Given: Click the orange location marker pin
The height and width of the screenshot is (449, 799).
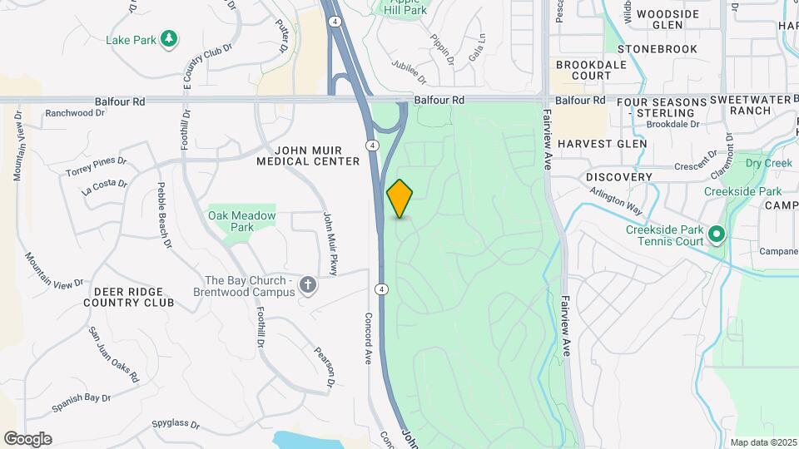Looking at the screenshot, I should (x=400, y=198).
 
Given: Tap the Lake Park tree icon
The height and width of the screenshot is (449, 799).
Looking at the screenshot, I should (x=169, y=39).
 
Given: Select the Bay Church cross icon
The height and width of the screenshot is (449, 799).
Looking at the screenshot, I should (x=308, y=286).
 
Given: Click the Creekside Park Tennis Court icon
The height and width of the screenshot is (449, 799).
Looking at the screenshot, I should (x=717, y=236).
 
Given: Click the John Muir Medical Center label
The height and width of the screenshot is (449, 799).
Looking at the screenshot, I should (x=308, y=155).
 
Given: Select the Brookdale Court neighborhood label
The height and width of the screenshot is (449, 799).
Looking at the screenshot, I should (x=583, y=70).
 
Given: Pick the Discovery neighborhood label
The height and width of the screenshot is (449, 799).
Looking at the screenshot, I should (x=618, y=177).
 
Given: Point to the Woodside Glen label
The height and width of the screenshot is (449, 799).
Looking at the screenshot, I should (x=667, y=20).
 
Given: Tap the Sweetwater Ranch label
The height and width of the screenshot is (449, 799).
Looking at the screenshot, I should (x=752, y=105).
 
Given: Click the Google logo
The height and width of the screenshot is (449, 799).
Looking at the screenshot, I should (x=27, y=438).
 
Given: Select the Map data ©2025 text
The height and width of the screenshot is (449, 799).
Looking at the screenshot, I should (x=762, y=442).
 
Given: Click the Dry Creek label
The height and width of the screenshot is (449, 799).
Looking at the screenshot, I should (x=768, y=163).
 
